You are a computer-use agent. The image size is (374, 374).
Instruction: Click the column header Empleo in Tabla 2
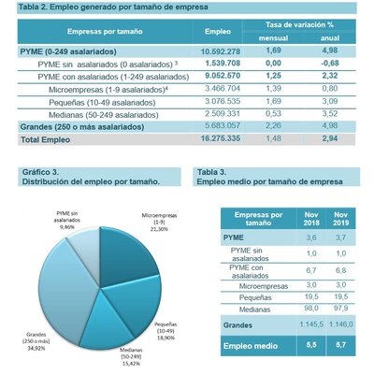coord(217,32)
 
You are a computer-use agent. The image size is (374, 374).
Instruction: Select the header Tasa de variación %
coord(299,24)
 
